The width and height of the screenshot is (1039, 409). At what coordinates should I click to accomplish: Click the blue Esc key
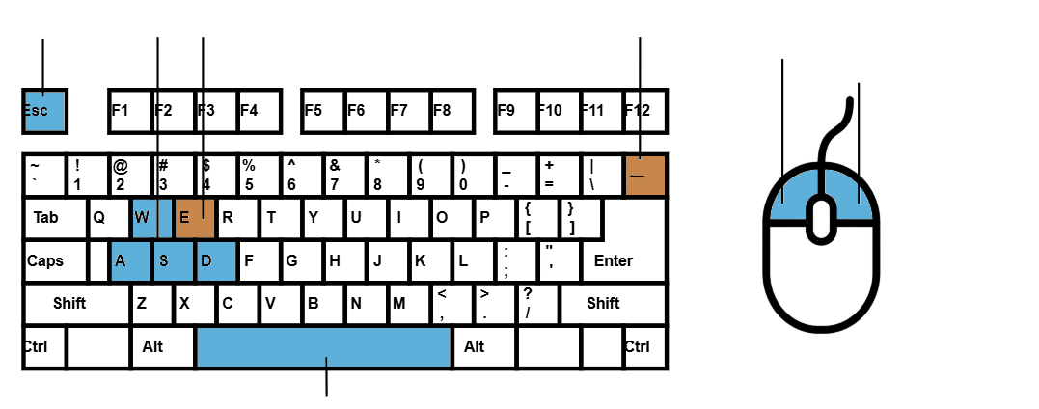click(x=45, y=111)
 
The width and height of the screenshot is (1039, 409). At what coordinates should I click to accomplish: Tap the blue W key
click(x=152, y=217)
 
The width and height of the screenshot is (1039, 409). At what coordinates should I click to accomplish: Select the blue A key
click(x=130, y=261)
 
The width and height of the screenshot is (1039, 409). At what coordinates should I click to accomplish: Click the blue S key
click(x=174, y=261)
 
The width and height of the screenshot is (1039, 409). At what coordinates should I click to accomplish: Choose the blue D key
click(x=216, y=261)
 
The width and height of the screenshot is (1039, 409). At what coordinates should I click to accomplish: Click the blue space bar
click(x=324, y=346)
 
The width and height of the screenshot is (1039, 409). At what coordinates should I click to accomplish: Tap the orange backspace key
click(x=645, y=175)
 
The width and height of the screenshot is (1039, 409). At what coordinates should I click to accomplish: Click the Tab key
click(x=55, y=217)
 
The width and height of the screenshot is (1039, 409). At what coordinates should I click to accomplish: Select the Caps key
click(x=55, y=261)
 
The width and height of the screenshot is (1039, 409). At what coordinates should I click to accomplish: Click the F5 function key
click(x=323, y=111)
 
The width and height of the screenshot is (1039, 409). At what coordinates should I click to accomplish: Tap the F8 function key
click(x=451, y=111)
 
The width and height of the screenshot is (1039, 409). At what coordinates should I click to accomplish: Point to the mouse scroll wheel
click(x=821, y=217)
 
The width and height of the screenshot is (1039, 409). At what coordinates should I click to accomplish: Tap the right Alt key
click(x=484, y=346)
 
